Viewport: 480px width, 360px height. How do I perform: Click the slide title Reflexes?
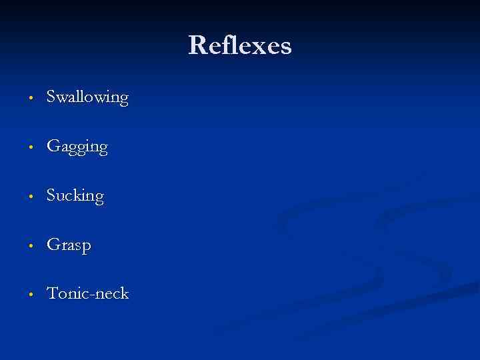click(x=240, y=46)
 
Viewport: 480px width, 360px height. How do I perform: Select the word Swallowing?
click(x=87, y=97)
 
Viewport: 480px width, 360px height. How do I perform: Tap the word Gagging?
click(x=77, y=147)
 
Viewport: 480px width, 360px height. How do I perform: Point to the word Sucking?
click(x=75, y=196)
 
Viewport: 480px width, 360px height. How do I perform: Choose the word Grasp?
click(x=69, y=245)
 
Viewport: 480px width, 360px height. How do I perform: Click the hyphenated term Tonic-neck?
click(x=87, y=293)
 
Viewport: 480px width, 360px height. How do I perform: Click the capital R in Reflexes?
click(x=197, y=46)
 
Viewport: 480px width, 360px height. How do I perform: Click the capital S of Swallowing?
click(x=51, y=97)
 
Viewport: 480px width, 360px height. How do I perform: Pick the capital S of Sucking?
click(x=51, y=196)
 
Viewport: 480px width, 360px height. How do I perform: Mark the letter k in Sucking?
click(x=79, y=195)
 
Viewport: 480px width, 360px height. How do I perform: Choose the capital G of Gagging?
click(x=53, y=147)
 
